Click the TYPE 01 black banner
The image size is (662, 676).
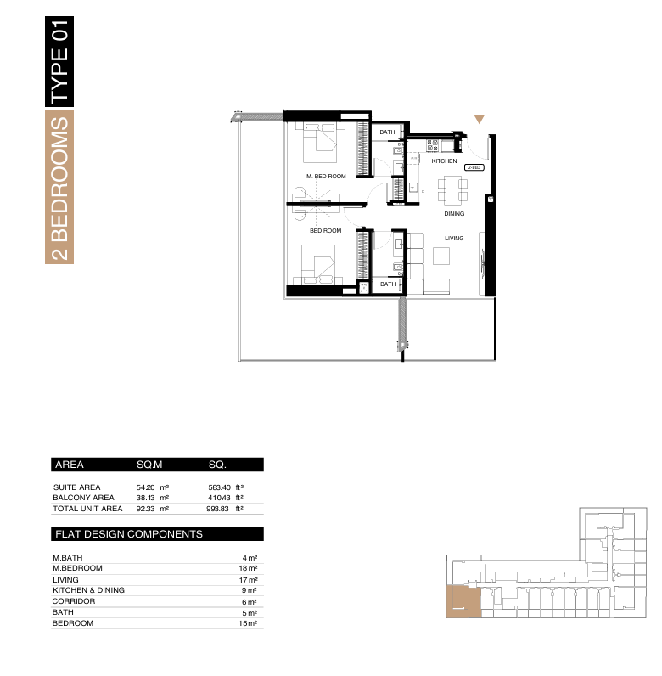(59, 62)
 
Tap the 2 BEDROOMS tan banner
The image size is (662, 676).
(59, 187)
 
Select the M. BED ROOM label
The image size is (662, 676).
(326, 177)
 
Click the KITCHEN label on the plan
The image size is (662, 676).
(444, 161)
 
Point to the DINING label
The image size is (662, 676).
(454, 213)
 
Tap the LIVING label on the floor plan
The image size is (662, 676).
(454, 238)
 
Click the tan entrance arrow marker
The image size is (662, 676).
(480, 119)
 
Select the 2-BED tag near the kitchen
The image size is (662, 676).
(474, 167)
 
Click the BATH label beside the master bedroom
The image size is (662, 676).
(387, 132)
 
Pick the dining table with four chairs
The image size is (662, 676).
(452, 189)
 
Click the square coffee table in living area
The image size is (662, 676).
(441, 256)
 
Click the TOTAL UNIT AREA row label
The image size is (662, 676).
(87, 509)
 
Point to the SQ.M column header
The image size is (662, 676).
(149, 465)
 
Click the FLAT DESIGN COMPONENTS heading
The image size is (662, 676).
(129, 534)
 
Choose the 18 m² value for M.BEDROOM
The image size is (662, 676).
(248, 568)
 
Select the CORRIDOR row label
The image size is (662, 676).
(74, 601)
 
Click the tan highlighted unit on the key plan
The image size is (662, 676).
(463, 602)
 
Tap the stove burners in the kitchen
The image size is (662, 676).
(432, 146)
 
